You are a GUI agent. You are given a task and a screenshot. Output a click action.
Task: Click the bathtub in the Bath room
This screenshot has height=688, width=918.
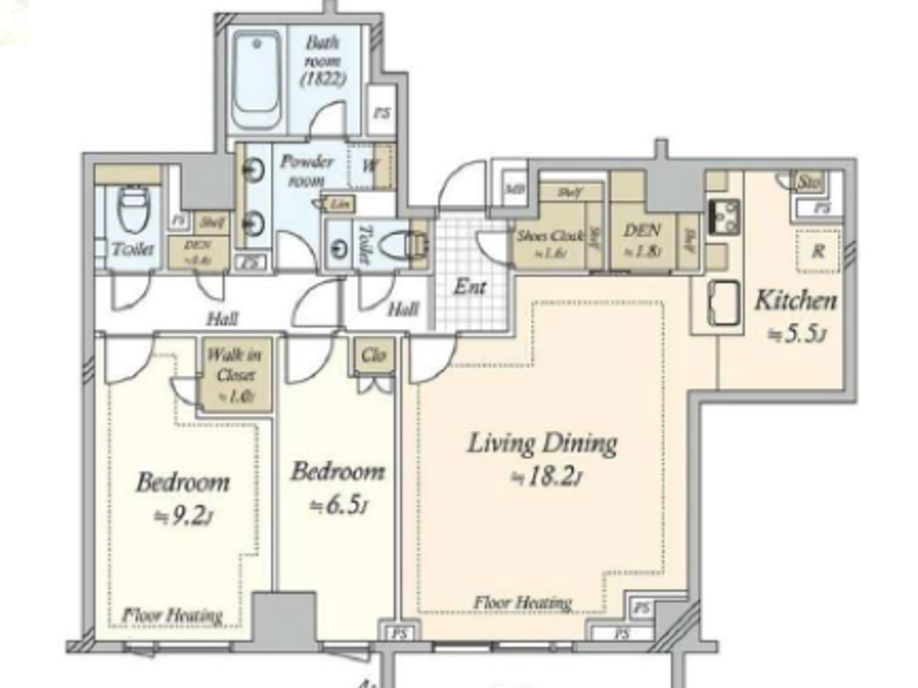(256, 80)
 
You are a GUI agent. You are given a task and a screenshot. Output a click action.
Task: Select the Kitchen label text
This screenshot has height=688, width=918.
(795, 301)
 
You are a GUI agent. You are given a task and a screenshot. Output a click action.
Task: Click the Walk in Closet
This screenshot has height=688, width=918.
(235, 375)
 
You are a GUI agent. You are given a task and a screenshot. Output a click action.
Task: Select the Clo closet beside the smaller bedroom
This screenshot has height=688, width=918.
(374, 355)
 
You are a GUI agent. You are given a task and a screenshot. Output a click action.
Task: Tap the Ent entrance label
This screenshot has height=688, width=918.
(470, 287)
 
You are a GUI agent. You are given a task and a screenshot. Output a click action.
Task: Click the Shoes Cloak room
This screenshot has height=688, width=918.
(549, 237)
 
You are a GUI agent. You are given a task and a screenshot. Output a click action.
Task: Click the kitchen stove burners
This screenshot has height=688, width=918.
(724, 216)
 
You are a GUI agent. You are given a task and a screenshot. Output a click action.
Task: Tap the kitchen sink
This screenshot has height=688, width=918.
(723, 303)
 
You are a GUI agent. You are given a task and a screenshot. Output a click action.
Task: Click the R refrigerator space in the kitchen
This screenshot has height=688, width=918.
(818, 250)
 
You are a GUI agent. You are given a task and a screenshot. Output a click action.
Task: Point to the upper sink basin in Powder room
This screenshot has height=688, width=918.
(253, 170)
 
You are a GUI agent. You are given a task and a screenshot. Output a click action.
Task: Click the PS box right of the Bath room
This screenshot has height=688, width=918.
(382, 113)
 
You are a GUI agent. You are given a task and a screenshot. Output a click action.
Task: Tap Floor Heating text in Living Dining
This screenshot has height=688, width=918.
(523, 603)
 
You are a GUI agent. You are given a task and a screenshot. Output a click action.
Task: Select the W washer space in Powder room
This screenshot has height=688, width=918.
(370, 166)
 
